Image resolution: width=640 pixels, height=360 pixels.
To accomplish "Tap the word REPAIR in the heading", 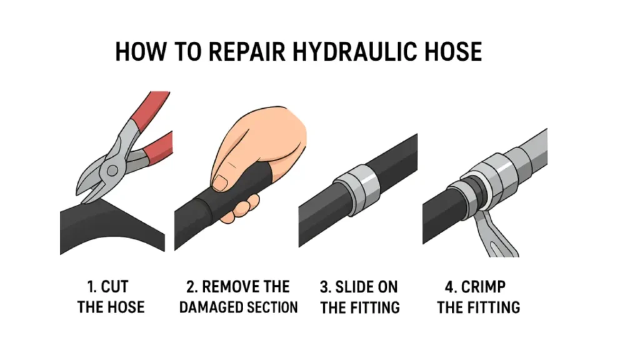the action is pos(247,51).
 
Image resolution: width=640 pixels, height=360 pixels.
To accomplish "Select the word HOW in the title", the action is pos(141,51).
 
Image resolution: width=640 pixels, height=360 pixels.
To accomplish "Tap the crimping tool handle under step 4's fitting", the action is pos(496,232).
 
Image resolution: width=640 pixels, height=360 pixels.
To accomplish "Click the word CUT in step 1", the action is pos(115,286).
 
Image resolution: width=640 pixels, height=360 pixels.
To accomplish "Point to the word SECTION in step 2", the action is pos(270,307).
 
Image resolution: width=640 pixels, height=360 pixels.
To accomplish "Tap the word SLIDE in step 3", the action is pos(351,287).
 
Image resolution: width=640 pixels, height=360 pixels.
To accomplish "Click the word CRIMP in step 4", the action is pos(483,287).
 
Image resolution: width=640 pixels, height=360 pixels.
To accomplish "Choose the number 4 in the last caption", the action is pos(449,287).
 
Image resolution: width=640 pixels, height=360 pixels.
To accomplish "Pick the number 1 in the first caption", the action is pos(91,286).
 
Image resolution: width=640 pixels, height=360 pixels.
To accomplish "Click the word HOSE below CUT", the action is pos(127,307).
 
